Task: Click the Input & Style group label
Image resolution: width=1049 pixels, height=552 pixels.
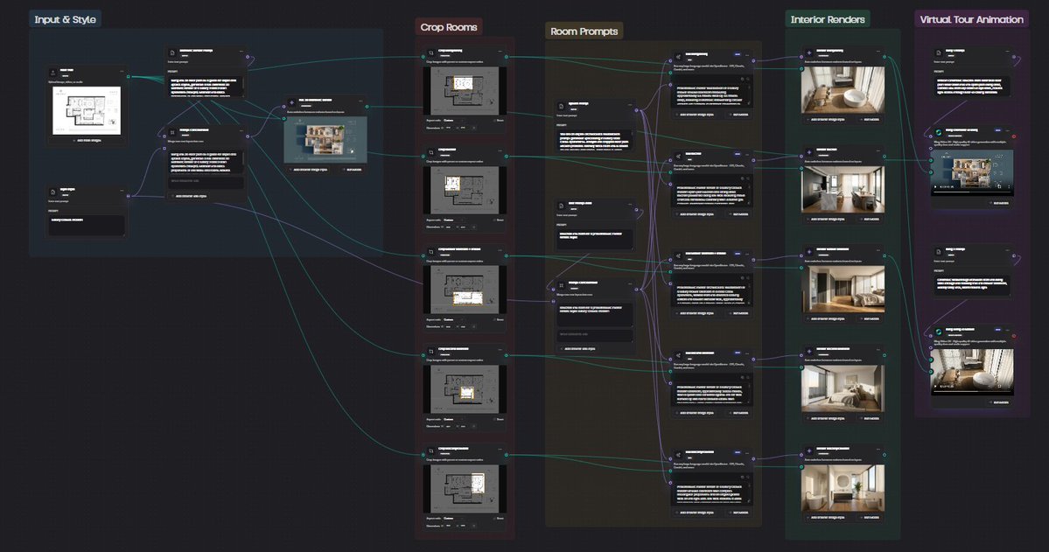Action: click(x=66, y=19)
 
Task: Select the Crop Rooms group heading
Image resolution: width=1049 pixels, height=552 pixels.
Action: click(x=449, y=27)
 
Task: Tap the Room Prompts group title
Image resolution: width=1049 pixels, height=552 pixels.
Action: click(x=584, y=31)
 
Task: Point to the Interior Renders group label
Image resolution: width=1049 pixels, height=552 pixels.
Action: click(x=828, y=19)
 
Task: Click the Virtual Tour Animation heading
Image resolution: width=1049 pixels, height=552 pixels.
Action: click(x=971, y=19)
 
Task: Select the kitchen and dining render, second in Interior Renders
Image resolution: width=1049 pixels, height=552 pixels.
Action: click(x=843, y=189)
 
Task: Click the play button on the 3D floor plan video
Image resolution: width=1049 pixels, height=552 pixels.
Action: click(x=936, y=187)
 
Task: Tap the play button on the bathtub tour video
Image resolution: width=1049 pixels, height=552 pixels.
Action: click(x=936, y=386)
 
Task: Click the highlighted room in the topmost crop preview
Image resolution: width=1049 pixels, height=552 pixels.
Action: click(x=464, y=83)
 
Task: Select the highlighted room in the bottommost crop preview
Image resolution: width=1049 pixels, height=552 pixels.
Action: click(x=478, y=482)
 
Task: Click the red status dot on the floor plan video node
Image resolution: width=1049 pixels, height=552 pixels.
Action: click(x=1014, y=136)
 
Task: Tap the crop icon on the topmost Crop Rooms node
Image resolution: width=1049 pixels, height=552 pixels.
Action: click(x=431, y=53)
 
